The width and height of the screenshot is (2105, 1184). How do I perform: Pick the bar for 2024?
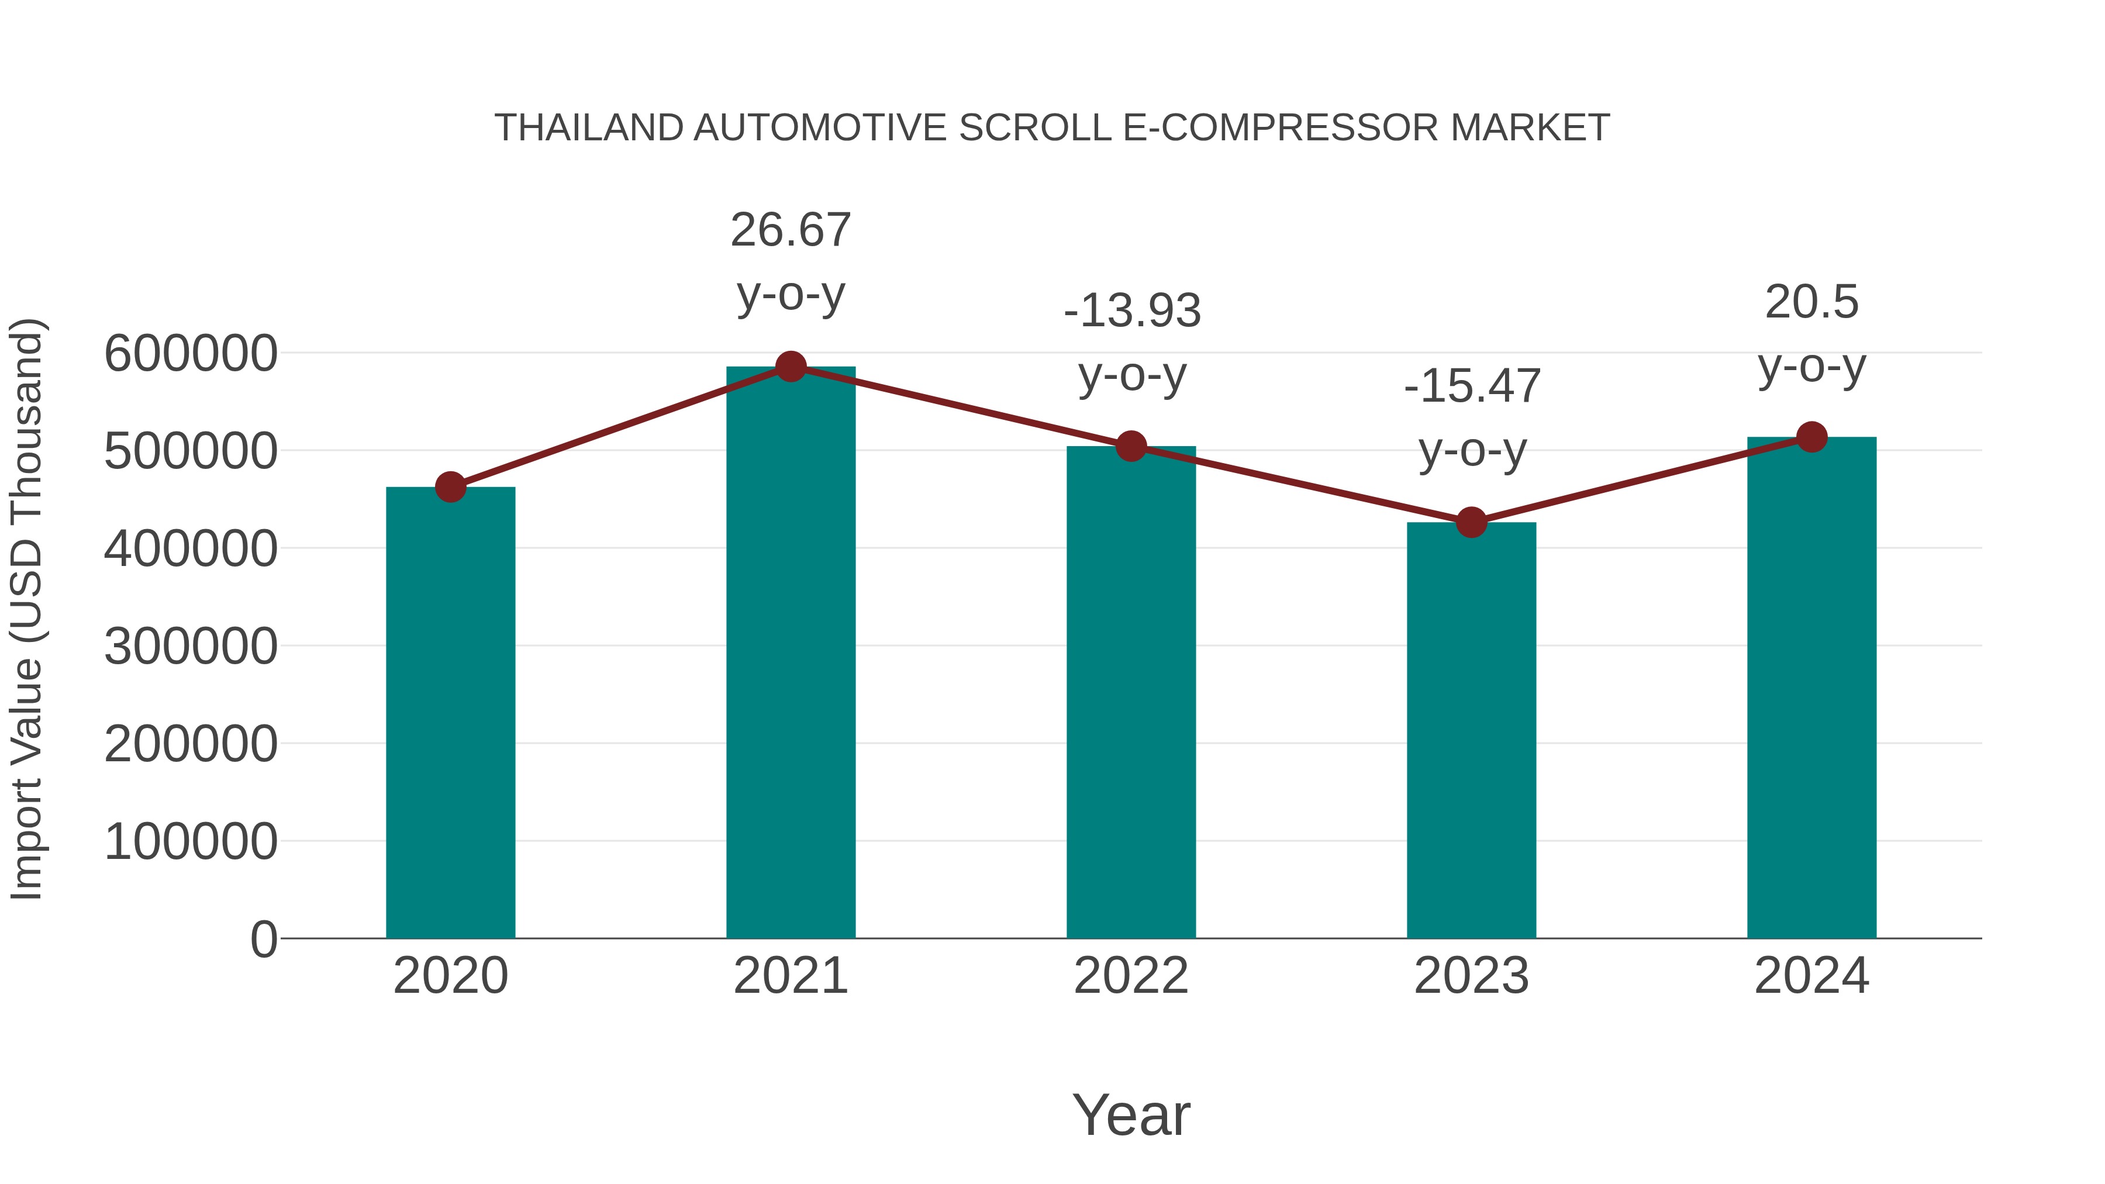[x=1811, y=687]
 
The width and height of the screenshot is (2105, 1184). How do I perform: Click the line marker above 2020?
[x=450, y=487]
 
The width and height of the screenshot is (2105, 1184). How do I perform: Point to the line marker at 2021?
[x=790, y=367]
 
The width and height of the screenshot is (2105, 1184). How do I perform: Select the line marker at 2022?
[x=1131, y=446]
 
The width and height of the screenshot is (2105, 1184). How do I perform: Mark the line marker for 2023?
[x=1471, y=522]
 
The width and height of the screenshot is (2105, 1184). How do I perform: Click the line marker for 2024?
[x=1811, y=437]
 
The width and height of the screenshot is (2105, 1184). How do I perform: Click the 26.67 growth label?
[x=790, y=230]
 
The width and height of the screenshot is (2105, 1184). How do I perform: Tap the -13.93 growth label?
[x=1132, y=310]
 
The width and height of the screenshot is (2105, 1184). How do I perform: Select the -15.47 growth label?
[x=1472, y=386]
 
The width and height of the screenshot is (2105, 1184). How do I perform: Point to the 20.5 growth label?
[x=1811, y=302]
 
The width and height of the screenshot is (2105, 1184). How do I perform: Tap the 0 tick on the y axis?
[x=264, y=939]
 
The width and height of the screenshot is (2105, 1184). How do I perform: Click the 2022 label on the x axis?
[x=1131, y=976]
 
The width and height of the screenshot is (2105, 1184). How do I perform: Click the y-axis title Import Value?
[x=26, y=609]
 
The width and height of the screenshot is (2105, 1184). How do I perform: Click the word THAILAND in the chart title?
[x=588, y=128]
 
